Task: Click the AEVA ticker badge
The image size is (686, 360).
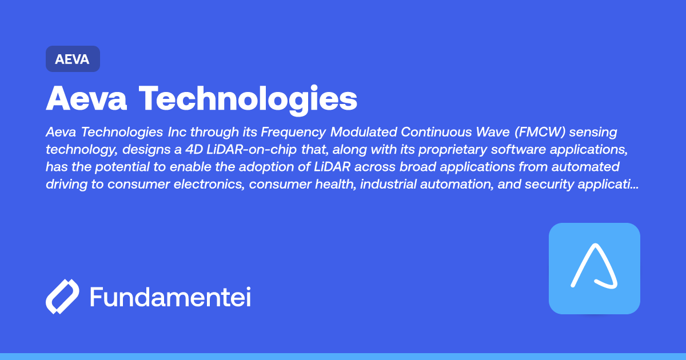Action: pyautogui.click(x=73, y=59)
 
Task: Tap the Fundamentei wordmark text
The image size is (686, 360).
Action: pyautogui.click(x=170, y=298)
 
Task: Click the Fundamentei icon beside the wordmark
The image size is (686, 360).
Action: pyautogui.click(x=62, y=297)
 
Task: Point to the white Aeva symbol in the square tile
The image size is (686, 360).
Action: pyautogui.click(x=594, y=267)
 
